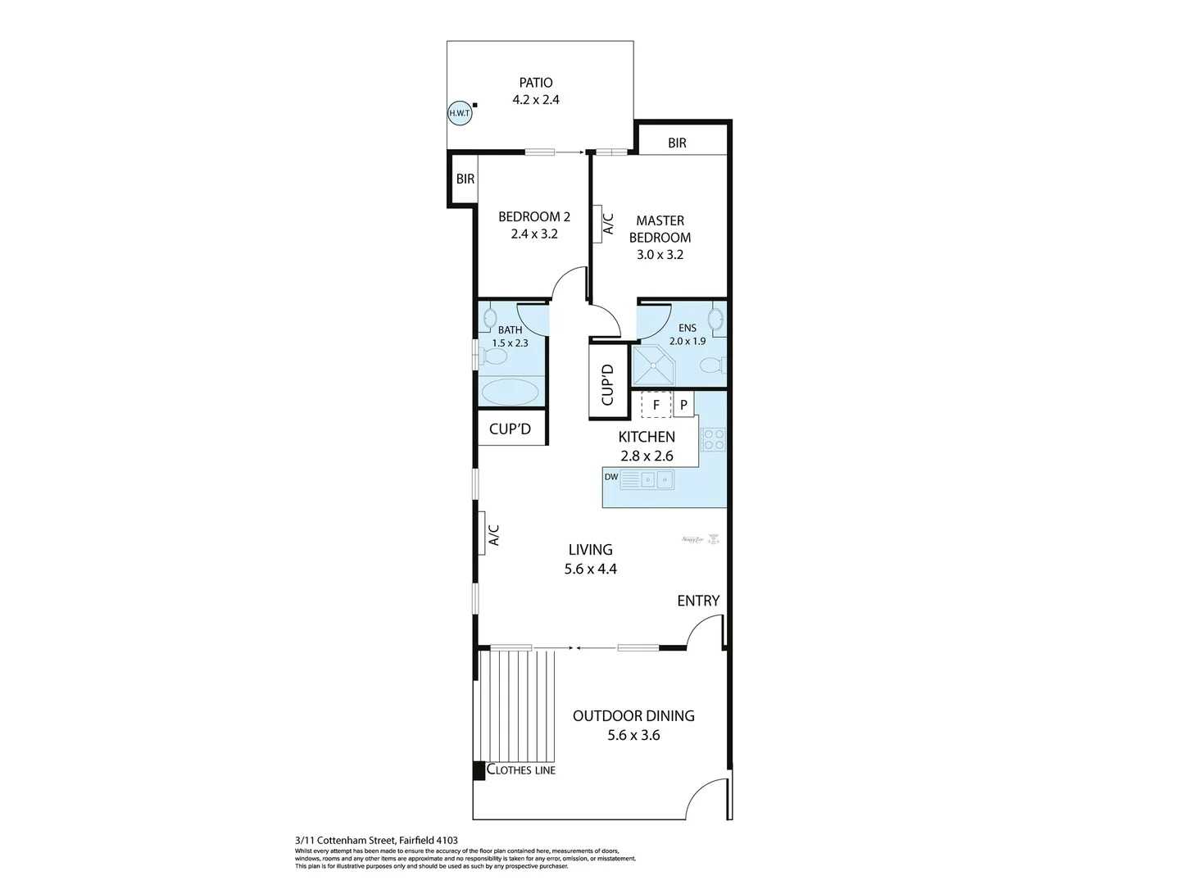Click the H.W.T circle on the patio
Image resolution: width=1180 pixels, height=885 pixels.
point(460,113)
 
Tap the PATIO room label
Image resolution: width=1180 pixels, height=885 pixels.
point(536,83)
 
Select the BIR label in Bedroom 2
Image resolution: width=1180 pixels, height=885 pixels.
point(465,179)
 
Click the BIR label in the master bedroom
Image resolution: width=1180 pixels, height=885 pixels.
point(677,143)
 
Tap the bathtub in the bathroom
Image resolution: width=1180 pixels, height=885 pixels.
point(511,392)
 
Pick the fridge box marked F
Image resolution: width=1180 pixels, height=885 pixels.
point(656,405)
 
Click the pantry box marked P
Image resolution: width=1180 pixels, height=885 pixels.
point(683,405)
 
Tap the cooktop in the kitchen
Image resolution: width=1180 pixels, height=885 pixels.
point(713,439)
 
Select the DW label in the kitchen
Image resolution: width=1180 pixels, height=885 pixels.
point(610,477)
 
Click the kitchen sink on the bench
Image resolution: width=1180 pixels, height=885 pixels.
point(656,479)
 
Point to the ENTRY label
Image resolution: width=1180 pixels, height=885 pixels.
point(698,601)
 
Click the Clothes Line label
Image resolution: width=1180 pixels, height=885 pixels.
point(521,769)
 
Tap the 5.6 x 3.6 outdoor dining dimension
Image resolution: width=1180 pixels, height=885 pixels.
point(633,735)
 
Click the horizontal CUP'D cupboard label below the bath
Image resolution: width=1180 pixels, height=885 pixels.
point(511,429)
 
